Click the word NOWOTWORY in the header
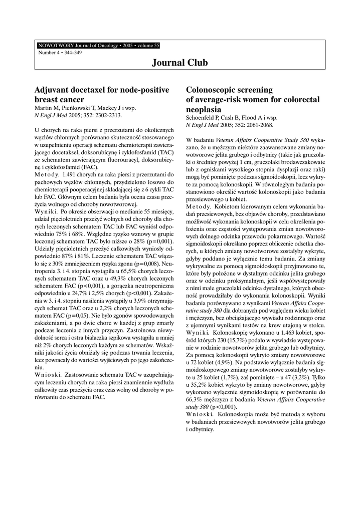point(54,46)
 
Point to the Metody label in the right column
point(199,206)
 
